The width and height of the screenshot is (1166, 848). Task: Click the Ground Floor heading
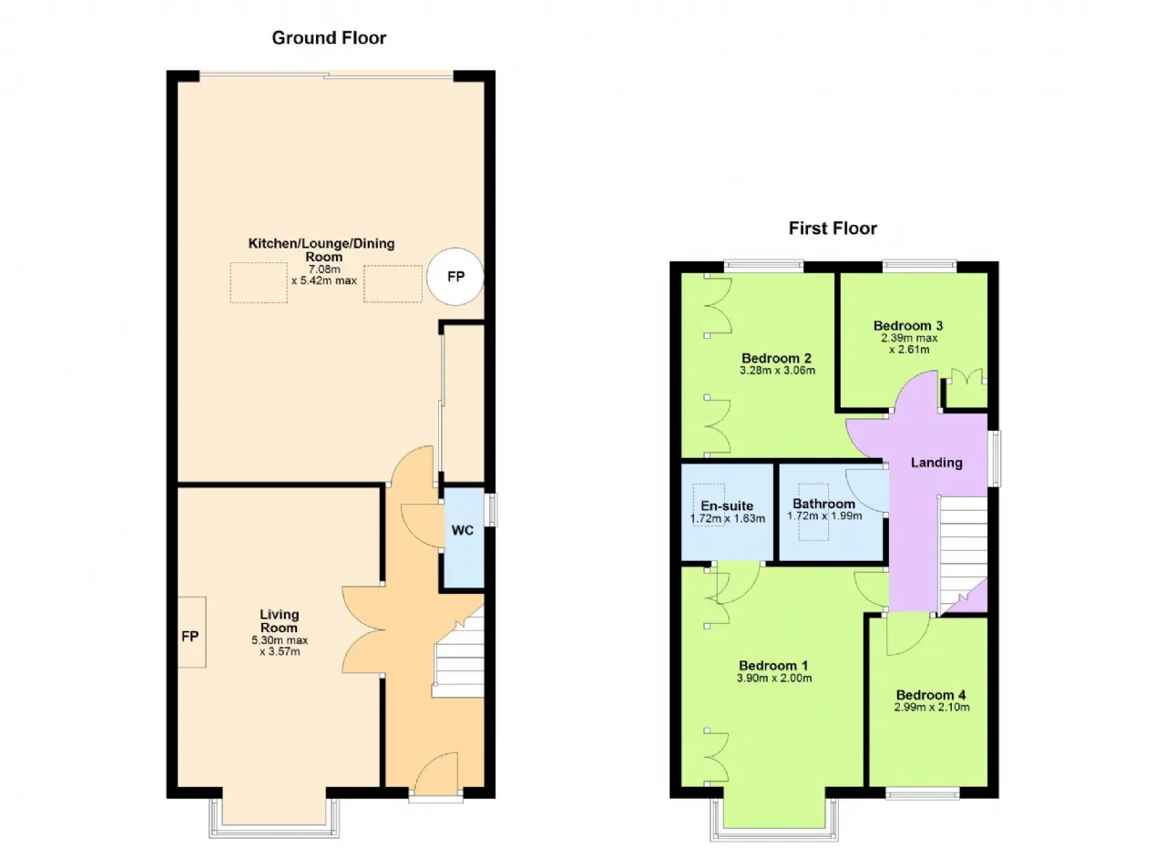coord(329,38)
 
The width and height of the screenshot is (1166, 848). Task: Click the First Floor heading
coord(833,229)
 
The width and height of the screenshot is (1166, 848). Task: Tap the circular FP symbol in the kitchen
coord(455,276)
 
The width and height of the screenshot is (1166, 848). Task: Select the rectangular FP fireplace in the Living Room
coord(191,632)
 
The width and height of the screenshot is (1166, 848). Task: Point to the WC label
coord(462,530)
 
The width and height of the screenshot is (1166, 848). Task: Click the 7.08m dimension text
coord(323,269)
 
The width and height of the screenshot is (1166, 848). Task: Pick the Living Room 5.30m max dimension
coord(280,640)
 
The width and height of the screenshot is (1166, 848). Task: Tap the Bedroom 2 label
coord(776,358)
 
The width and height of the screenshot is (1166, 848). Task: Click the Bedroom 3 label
coord(908,326)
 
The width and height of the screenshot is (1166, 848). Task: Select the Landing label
coord(936,463)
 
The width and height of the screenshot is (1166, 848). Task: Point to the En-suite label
coord(727,506)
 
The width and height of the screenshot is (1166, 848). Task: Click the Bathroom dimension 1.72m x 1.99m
coord(824,516)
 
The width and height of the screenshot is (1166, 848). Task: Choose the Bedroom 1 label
coord(773,666)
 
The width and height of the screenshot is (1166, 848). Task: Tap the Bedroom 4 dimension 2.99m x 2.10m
coord(931,708)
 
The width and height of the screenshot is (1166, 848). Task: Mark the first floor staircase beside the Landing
coord(963,555)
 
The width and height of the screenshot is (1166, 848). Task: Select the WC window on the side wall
coord(491,510)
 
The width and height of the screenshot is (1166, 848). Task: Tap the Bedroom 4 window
coord(922,793)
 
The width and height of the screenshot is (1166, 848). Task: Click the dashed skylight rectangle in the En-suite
coord(709,505)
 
